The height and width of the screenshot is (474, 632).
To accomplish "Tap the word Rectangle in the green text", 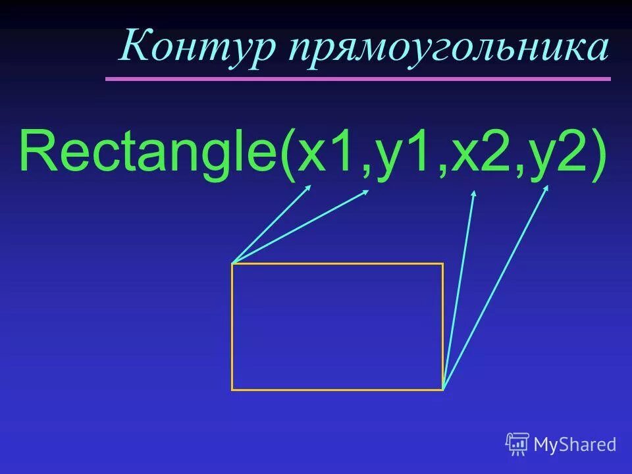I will coord(149,151).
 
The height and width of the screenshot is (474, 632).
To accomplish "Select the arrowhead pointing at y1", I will coord(366,192).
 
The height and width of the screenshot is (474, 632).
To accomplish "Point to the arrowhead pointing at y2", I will coord(546,188).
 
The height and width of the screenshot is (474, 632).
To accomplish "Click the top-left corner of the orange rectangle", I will coord(232,264).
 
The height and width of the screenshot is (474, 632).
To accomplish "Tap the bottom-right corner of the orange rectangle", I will coord(442,389).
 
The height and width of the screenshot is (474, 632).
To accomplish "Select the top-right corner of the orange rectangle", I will coord(442,264).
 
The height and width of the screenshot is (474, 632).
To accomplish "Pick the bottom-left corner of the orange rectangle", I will coord(232,389).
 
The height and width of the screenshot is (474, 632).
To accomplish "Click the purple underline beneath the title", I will coord(358,79).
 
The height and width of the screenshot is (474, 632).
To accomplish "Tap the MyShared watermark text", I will coord(575,444).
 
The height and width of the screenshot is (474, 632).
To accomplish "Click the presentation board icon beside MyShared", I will coord(517,444).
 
